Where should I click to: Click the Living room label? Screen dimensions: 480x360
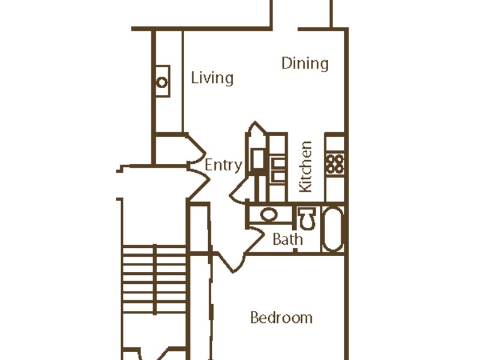[x=212, y=78]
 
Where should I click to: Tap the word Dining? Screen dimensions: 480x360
[x=305, y=64]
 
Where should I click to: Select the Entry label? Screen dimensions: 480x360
[x=223, y=166]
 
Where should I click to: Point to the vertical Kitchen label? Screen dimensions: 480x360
[x=306, y=167]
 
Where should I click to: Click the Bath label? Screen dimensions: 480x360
[x=288, y=239]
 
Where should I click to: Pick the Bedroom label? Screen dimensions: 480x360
[x=281, y=318]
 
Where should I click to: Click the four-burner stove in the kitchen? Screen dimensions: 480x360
[x=335, y=164]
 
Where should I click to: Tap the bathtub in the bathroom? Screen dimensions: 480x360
[x=333, y=229]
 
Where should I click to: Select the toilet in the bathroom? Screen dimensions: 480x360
[x=307, y=218]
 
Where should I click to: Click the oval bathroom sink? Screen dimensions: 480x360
[x=269, y=214]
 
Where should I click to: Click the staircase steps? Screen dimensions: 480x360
[x=155, y=279]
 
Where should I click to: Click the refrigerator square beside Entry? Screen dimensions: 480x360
[x=258, y=158]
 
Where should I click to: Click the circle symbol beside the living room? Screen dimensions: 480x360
[x=162, y=82]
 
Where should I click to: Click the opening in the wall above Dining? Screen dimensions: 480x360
[x=285, y=29]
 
